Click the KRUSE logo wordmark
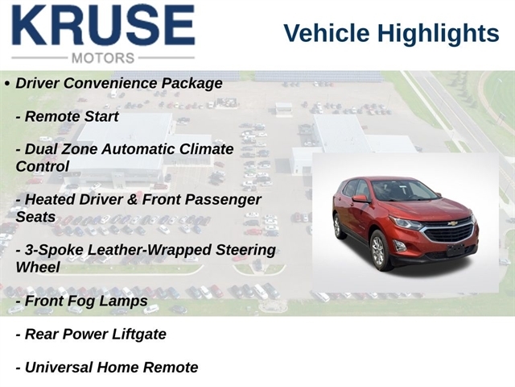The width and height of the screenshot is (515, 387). pos(104,25)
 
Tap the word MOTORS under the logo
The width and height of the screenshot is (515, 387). pos(103,58)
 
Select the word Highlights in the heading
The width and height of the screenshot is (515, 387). pos(438,34)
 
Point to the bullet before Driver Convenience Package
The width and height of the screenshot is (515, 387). pos(7,84)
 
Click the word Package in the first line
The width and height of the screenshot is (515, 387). pos(192,83)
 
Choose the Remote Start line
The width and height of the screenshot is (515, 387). pos(68,116)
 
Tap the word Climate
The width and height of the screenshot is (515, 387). pos(207,149)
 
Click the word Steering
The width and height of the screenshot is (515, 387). pos(245,250)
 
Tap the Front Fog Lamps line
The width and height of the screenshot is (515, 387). pos(82,301)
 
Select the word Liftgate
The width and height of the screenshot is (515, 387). pos(139,335)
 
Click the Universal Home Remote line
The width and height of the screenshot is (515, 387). pos(107,368)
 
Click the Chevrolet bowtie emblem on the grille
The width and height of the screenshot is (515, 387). pos(453,224)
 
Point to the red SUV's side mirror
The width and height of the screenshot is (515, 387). pos(360,199)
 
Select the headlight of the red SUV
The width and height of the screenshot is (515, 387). pos(406,224)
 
